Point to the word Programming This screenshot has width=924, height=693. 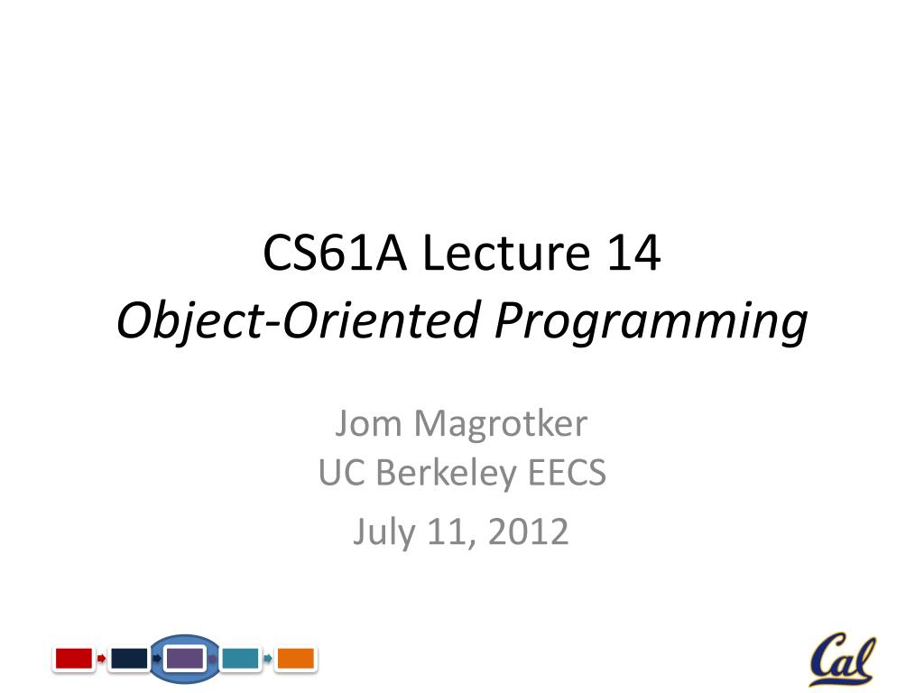click(x=650, y=322)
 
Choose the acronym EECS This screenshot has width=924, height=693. click(x=565, y=473)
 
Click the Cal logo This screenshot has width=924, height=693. click(x=841, y=660)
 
